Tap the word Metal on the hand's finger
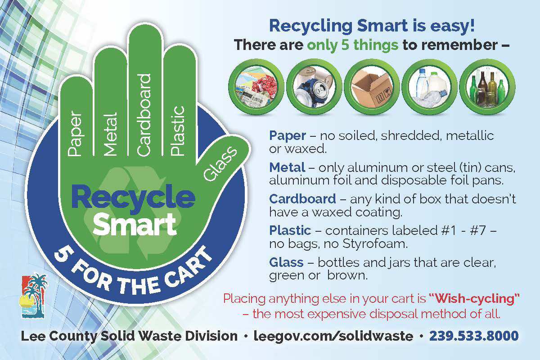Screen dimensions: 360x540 coord(110,134)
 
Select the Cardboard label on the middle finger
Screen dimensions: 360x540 coord(144,115)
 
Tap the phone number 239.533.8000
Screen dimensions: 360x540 coord(474,336)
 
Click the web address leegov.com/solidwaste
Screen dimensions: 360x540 coord(333,336)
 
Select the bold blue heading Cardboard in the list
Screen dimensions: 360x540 coord(302,198)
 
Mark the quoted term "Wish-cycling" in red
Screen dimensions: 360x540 coord(474,298)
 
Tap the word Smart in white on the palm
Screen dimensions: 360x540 coord(135,225)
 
